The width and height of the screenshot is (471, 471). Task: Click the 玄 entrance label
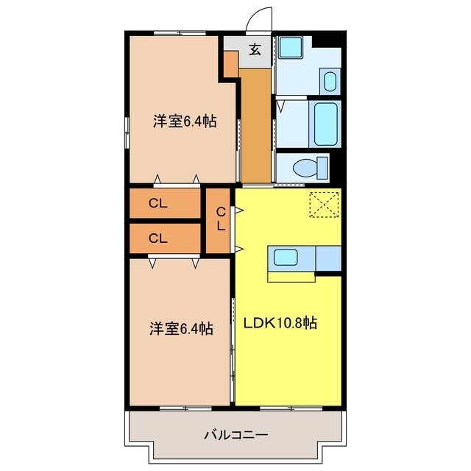[x=255, y=50]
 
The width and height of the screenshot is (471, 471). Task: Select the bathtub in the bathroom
[x=325, y=123]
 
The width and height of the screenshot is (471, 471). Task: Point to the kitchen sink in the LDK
[x=284, y=258]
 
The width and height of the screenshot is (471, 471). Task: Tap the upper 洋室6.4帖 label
[x=184, y=122]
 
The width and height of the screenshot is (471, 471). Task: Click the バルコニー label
[x=235, y=434]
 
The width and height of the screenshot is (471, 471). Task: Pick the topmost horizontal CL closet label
[x=158, y=205]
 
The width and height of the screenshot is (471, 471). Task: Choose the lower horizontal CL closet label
[x=158, y=238]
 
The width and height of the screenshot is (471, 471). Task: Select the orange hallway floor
[x=256, y=121]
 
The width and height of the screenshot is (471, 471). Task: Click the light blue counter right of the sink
[x=327, y=258]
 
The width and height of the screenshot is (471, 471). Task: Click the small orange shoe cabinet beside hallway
[x=230, y=66]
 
